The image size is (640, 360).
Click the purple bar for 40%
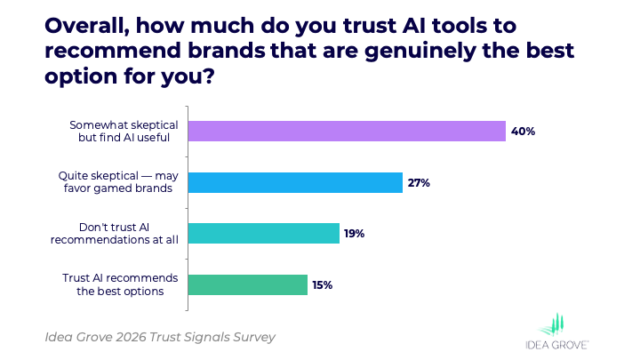tap(347, 132)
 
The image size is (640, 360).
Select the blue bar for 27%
tap(295, 182)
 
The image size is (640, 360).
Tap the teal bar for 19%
tap(264, 233)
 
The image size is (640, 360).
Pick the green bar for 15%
tap(248, 284)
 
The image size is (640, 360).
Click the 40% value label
tap(523, 132)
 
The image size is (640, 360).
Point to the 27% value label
tap(420, 182)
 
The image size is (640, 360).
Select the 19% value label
tap(356, 233)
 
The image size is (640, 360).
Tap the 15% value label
tap(324, 284)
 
